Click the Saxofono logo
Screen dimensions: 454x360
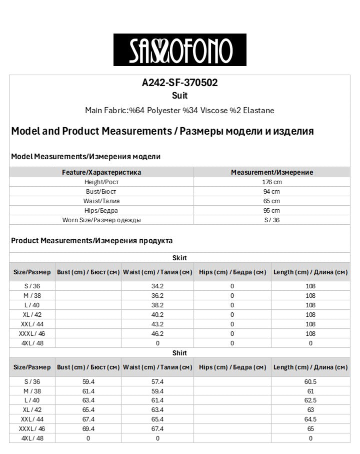tap(179, 50)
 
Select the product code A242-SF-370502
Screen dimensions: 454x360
tap(179, 83)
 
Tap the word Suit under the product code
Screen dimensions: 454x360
tap(179, 95)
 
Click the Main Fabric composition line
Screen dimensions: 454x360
tap(179, 110)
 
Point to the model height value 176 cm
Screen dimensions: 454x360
tap(271, 182)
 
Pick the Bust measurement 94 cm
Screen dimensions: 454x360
tap(271, 192)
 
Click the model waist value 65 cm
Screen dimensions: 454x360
tap(271, 201)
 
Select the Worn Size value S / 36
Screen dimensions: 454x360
tap(271, 220)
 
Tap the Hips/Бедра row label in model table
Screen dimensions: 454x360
tap(101, 211)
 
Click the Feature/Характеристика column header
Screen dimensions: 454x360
tap(101, 172)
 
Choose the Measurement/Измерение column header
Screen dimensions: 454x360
tap(271, 172)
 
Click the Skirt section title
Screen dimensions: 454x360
tap(179, 258)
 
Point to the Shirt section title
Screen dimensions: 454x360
tap(179, 353)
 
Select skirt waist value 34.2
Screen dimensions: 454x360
tap(157, 286)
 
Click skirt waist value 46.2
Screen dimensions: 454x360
tap(157, 333)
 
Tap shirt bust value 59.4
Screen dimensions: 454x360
tap(88, 381)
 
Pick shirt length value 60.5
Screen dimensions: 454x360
tap(310, 381)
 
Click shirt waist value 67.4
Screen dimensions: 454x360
tap(157, 429)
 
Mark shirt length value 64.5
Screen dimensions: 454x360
tap(310, 419)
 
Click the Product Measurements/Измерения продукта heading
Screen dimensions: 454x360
tap(92, 241)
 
